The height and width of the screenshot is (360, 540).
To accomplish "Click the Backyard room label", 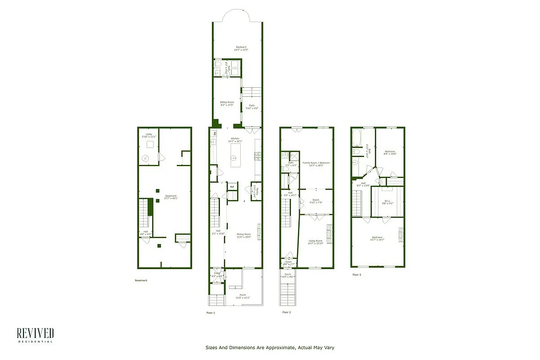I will click(241, 48).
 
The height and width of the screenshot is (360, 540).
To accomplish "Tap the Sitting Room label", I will click(227, 103).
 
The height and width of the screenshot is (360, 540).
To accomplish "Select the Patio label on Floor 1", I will click(252, 107).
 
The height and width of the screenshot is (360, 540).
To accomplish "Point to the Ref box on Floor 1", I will click(232, 187).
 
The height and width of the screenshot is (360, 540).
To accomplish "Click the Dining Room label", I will click(243, 235).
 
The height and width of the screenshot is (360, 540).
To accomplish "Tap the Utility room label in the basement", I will click(148, 135).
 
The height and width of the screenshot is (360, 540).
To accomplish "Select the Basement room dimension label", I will click(171, 197).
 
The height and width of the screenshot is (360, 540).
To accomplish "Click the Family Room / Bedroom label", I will click(316, 164).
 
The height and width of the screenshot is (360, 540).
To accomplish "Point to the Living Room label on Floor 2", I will click(315, 242).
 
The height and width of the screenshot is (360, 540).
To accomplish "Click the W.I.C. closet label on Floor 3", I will click(388, 202).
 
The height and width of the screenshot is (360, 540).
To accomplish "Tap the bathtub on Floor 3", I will click(356, 138).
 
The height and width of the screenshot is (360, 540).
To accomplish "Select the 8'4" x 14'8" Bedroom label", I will click(390, 153).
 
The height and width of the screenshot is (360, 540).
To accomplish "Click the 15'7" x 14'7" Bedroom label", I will click(377, 238).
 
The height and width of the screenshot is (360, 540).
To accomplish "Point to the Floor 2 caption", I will click(287, 312).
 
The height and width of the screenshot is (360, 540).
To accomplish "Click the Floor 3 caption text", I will click(356, 274).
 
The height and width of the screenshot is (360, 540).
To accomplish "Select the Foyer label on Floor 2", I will click(288, 262).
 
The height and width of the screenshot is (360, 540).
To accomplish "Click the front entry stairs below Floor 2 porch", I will click(288, 293).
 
